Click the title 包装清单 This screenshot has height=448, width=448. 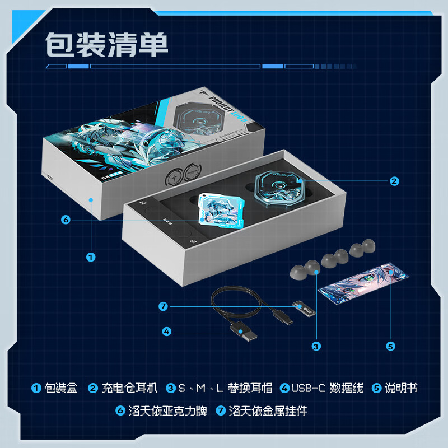106,44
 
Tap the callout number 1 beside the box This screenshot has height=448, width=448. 91,257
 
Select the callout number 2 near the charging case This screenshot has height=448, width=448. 394,180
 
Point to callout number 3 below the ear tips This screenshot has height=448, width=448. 316,346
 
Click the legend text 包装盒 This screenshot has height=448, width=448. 61,388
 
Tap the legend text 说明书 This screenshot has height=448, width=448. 401,388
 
